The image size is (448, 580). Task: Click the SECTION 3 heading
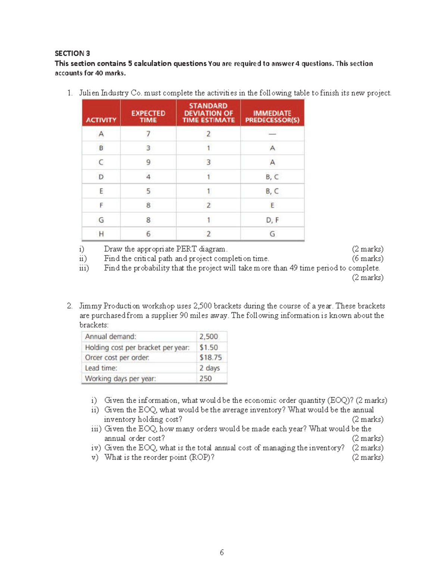pos(72,53)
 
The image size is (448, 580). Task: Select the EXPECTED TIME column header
pos(148,116)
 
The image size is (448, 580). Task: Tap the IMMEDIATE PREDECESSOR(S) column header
pos(272,116)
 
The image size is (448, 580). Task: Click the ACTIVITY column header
pos(101,120)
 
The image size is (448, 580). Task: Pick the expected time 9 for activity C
pos(148,162)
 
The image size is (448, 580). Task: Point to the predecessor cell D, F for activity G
pos(272,220)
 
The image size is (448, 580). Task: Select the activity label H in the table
pos(101,234)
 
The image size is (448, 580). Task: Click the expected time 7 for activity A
pos(148,134)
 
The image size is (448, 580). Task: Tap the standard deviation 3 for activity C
pos(208,162)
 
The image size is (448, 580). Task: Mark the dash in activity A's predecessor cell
pos(272,134)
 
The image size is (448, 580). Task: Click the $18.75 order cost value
pos(211,357)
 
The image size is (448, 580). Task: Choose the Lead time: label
pos(101,368)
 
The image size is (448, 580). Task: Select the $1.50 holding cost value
pos(208,347)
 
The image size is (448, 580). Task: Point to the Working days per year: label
pos(120,378)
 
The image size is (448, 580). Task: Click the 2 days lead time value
pos(209,368)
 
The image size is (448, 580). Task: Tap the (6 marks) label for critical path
pos(367,258)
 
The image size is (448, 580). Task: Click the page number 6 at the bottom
pos(222,552)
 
